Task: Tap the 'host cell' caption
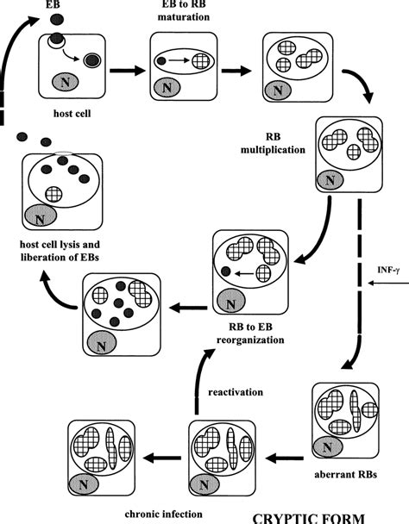63,111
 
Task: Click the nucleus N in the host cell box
64,82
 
